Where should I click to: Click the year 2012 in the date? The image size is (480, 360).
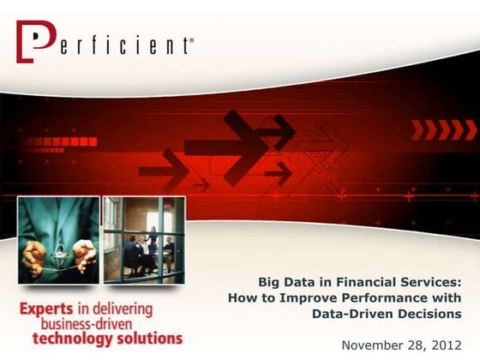453,345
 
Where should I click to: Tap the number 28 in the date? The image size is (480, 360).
421,345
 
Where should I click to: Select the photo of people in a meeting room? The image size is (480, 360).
143,240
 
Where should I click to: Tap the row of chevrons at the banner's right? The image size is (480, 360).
442,129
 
